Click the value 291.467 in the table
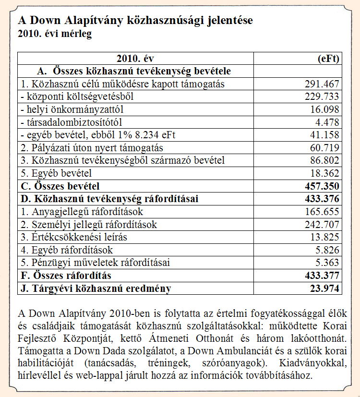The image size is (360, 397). (x=322, y=84)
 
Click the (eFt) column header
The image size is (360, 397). (x=328, y=59)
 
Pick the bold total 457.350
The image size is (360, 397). (x=322, y=186)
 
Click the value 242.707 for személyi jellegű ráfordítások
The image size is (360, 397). (x=322, y=225)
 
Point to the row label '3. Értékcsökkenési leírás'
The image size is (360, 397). (x=74, y=237)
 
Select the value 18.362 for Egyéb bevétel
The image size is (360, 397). (x=324, y=173)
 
